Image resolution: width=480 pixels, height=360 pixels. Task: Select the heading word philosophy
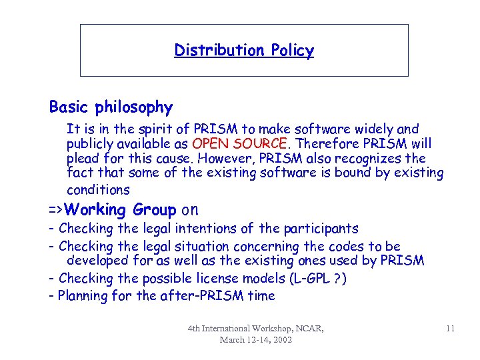(135, 107)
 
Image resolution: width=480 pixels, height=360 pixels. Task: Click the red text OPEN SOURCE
(239, 143)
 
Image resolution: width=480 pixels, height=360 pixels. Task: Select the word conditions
(98, 189)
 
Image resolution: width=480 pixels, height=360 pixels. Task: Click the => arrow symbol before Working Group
(57, 210)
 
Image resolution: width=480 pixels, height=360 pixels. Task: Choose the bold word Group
(153, 210)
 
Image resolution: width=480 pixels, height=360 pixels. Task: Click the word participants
(326, 229)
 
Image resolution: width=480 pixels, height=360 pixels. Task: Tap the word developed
(97, 261)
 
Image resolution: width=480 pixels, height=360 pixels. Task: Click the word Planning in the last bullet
(85, 295)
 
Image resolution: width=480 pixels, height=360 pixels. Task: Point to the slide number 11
(450, 327)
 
